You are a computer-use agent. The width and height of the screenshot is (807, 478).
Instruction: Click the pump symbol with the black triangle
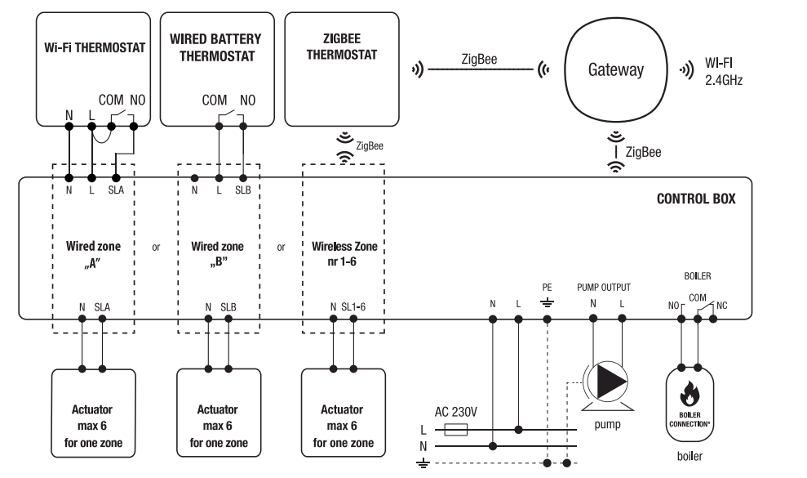pyautogui.click(x=608, y=380)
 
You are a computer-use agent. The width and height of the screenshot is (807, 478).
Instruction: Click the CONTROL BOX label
pyautogui.click(x=695, y=199)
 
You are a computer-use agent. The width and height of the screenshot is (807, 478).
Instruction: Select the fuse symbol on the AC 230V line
pyautogui.click(x=454, y=430)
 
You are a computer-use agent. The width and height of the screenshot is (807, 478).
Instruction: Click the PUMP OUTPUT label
pyautogui.click(x=603, y=288)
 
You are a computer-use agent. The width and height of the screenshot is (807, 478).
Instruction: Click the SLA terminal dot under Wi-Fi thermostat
pyautogui.click(x=116, y=177)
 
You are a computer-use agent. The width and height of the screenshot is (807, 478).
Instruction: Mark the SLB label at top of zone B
pyautogui.click(x=242, y=190)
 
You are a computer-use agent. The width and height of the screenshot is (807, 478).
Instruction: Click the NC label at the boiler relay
pyautogui.click(x=721, y=306)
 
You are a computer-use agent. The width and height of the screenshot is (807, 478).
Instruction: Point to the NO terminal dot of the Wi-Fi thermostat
pyautogui.click(x=135, y=127)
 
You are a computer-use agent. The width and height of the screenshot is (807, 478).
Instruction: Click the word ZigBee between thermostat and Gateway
pyautogui.click(x=479, y=60)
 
